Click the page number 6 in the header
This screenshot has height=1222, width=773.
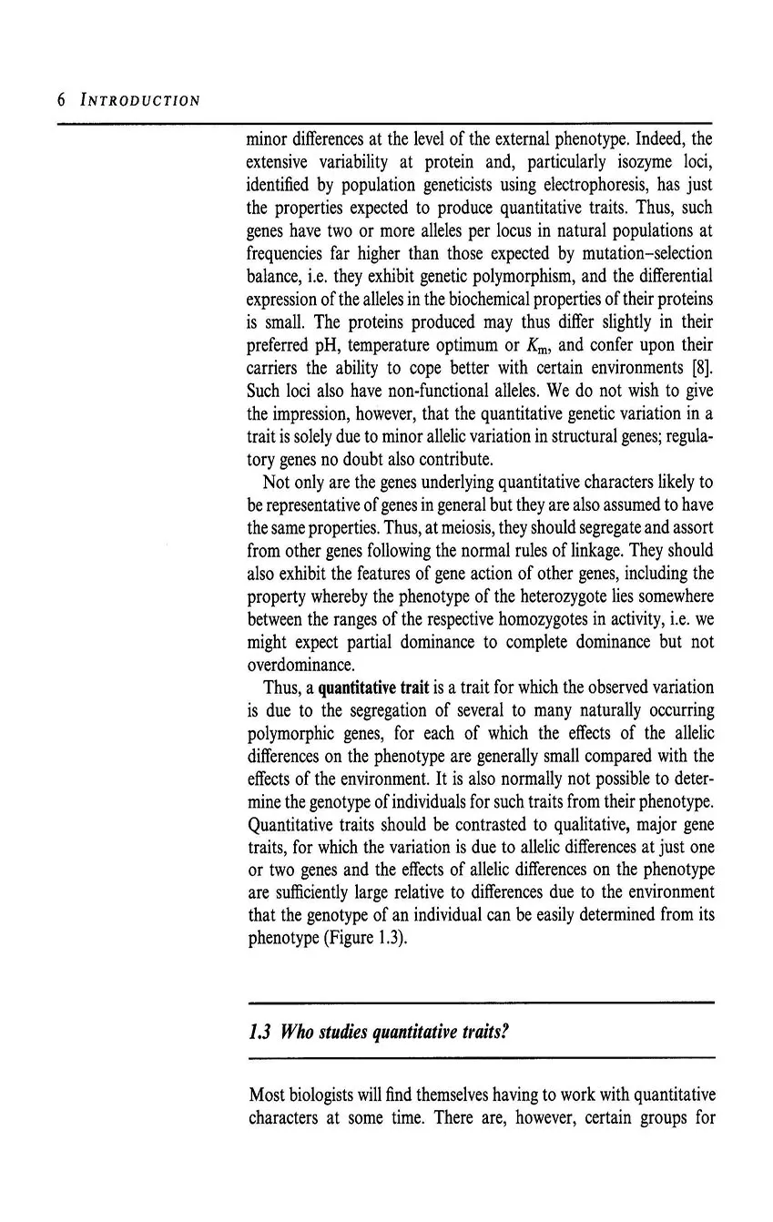61,99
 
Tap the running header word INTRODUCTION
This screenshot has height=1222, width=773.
140,99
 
